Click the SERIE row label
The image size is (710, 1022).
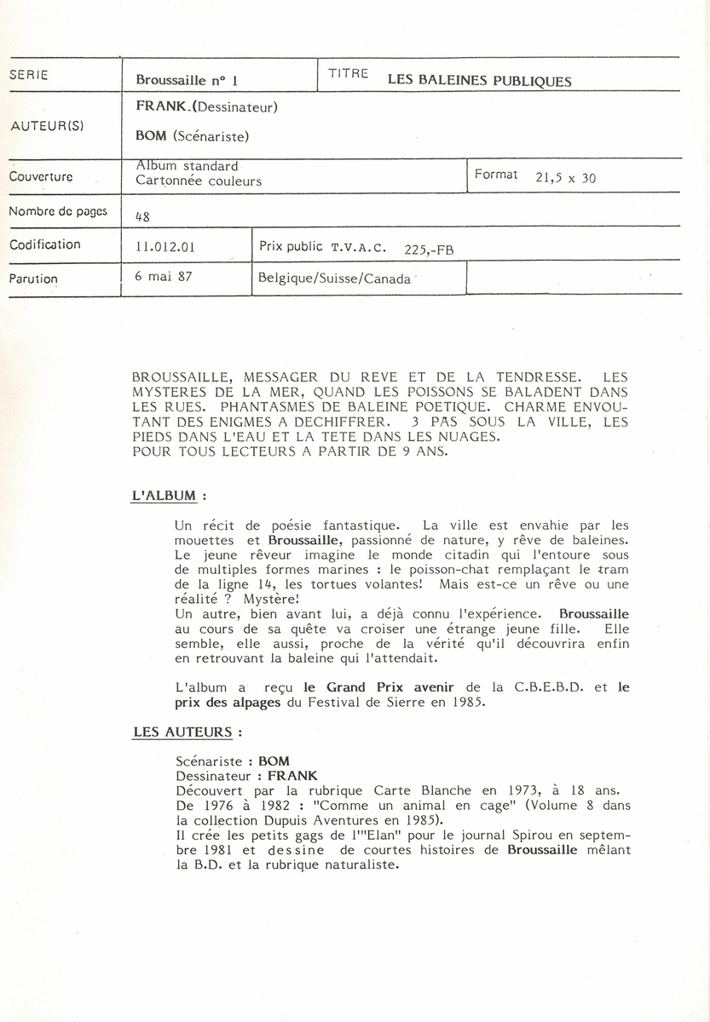point(28,75)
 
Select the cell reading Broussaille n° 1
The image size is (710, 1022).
point(186,81)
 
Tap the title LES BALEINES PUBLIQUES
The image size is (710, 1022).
point(479,81)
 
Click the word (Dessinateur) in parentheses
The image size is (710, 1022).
point(241,107)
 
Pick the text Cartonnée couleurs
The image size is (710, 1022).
point(199,181)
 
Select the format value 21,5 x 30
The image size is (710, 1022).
point(565,179)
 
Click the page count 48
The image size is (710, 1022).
point(142,217)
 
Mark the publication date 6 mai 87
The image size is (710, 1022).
point(163,278)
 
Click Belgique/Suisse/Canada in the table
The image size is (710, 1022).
point(334,278)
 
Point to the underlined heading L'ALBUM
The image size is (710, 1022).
point(164,495)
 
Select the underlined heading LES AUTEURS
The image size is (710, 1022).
point(182,731)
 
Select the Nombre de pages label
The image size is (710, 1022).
point(57,211)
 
